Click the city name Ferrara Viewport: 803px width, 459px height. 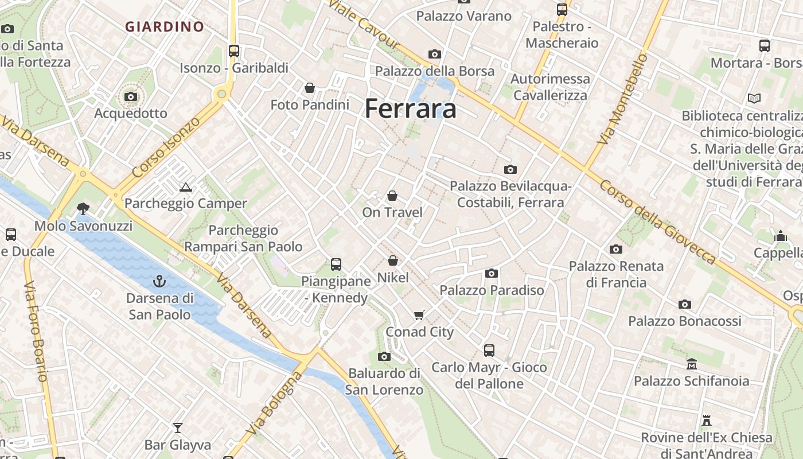pos(411,108)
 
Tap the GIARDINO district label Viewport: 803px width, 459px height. pos(165,26)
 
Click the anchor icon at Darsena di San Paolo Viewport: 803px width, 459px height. pos(159,281)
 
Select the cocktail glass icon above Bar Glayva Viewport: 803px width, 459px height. pos(178,428)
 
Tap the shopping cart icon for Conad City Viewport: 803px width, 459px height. pos(419,315)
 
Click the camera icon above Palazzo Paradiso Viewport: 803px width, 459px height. pos(492,273)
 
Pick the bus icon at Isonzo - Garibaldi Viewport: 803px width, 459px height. pos(233,50)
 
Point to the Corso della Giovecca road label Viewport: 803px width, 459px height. pos(658,222)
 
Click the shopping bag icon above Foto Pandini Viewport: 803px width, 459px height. pos(310,88)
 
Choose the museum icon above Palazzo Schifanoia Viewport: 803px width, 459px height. pos(692,364)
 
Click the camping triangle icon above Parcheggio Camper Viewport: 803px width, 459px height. pos(185,187)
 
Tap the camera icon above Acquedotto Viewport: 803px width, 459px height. pos(131,96)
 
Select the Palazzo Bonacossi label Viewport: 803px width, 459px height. pos(685,321)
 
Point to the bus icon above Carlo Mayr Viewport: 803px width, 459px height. pos(489,350)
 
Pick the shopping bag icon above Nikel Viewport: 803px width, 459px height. pos(393,261)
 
